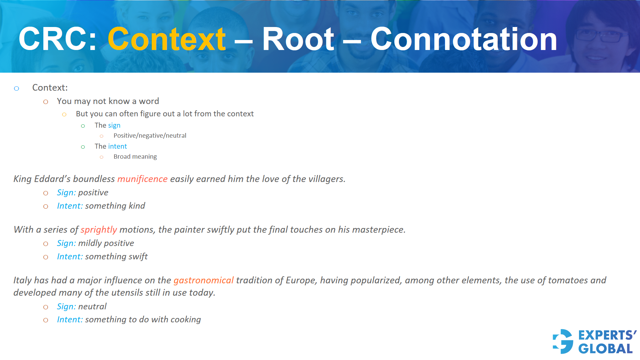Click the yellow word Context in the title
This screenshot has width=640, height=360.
click(x=166, y=39)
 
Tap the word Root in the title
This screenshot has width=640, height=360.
click(x=298, y=39)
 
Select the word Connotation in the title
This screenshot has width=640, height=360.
click(x=463, y=39)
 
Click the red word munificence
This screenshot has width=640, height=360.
click(x=142, y=179)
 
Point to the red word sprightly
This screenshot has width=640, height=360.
click(x=99, y=230)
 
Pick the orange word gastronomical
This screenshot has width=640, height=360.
click(x=203, y=280)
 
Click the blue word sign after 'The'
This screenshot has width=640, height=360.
click(x=114, y=125)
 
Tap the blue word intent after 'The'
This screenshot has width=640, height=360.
click(x=117, y=146)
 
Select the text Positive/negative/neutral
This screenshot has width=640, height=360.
click(x=150, y=136)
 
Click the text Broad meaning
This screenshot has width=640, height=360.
click(x=135, y=157)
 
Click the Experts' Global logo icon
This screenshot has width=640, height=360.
click(x=563, y=341)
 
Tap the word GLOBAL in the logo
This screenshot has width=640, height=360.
click(x=605, y=349)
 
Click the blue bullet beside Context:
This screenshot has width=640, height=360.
click(x=17, y=88)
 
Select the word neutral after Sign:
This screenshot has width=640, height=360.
click(x=92, y=306)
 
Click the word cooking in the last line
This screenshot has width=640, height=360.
click(x=186, y=320)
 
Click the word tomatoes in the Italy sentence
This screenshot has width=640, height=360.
click(x=568, y=280)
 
